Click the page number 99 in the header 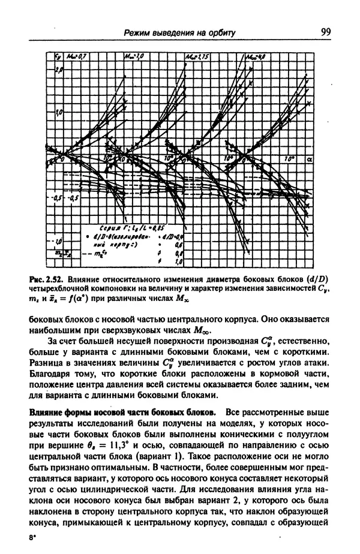point(326,32)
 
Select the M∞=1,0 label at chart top point(134,57)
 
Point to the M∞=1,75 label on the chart point(196,57)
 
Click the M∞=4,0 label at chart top point(257,57)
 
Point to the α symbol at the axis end point(310,160)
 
